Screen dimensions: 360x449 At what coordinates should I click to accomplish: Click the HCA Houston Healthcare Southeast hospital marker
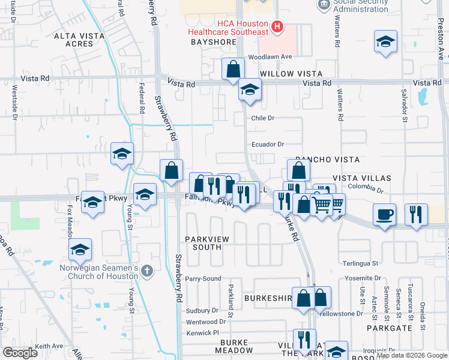click(277, 26)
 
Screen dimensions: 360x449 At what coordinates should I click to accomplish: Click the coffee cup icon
click(384, 214)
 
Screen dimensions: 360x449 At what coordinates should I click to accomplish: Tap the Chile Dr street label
click(262, 118)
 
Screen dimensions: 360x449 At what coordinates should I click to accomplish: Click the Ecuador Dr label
click(267, 144)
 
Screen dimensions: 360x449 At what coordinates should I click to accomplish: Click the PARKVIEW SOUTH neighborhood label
click(207, 243)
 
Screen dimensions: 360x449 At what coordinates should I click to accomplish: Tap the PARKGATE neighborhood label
click(390, 328)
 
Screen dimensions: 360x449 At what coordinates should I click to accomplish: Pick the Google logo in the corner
click(20, 353)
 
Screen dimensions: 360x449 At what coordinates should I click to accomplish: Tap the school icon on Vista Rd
click(249, 91)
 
